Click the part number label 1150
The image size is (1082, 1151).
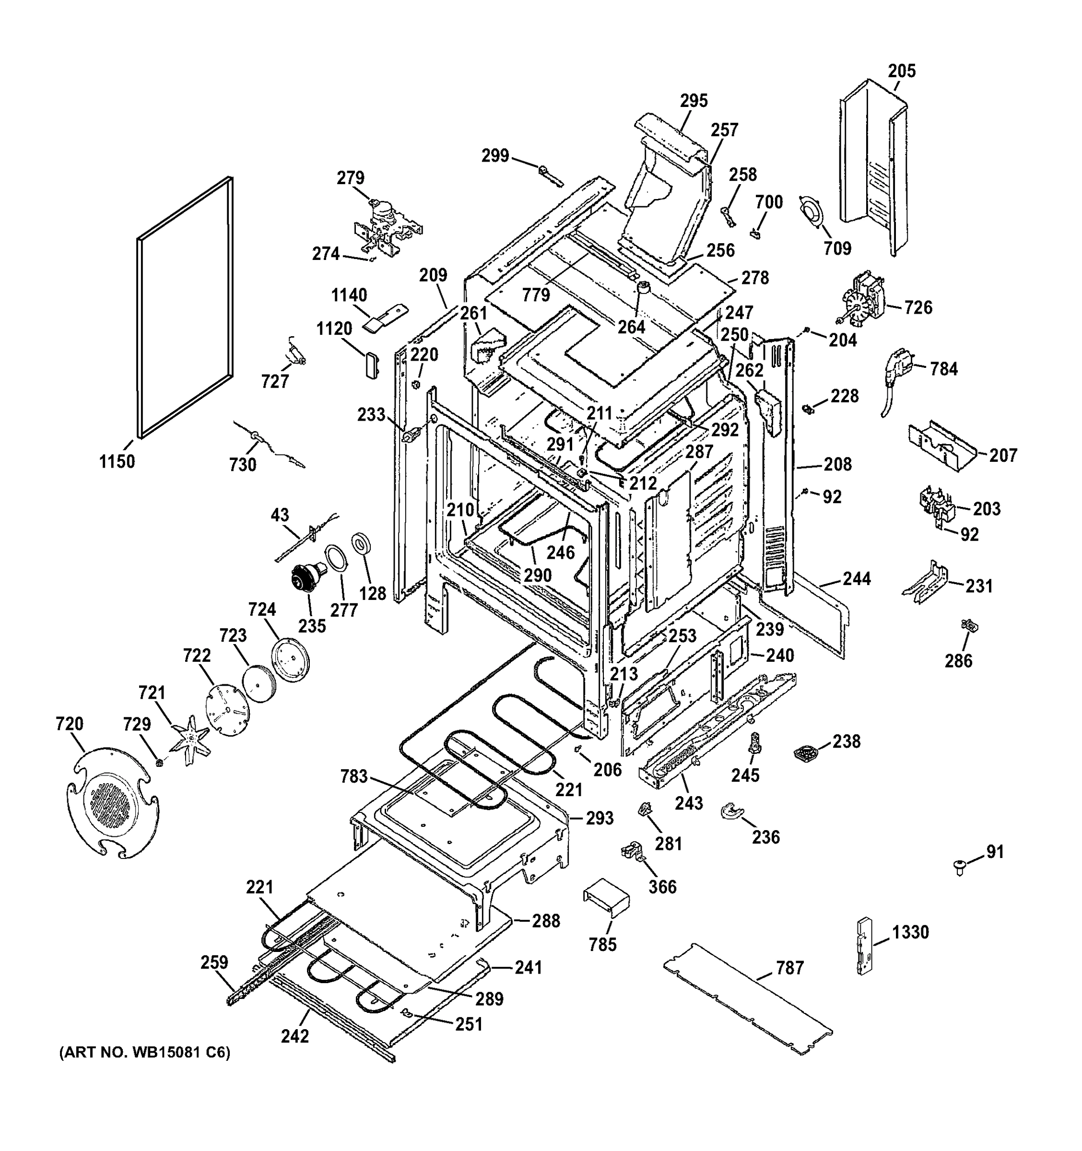(117, 461)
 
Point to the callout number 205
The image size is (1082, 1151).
(902, 70)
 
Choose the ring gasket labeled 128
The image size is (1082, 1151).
(361, 544)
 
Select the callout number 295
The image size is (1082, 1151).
(694, 101)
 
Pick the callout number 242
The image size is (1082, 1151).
(295, 1036)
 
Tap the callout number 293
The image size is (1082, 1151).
(600, 818)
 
